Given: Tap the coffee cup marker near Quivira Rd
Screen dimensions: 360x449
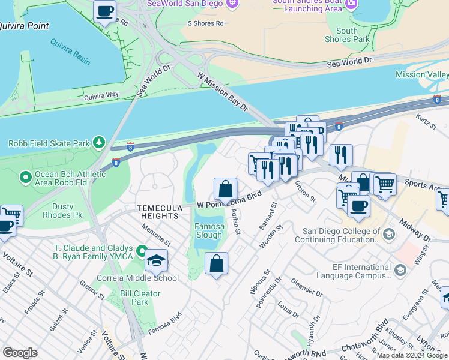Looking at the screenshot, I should (x=105, y=11).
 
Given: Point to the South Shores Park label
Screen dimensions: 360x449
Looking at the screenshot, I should (x=346, y=35).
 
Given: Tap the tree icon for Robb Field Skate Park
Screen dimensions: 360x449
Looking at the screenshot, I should (x=100, y=143).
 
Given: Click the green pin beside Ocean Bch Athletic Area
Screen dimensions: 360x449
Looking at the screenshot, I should (x=25, y=177).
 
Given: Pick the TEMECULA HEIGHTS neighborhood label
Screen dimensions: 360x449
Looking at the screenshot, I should (x=158, y=211).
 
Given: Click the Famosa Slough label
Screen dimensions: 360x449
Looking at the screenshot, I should (x=209, y=230).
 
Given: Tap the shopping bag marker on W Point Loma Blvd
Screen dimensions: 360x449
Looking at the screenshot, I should (x=225, y=190).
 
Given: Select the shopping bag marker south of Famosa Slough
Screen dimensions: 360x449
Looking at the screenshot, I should (x=217, y=263).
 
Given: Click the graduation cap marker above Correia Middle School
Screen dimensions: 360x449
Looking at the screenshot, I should (x=156, y=260).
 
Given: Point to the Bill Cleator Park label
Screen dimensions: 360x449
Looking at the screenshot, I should (x=140, y=298).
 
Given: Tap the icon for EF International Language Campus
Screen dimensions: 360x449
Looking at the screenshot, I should (x=399, y=271).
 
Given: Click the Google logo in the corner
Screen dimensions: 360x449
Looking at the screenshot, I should (x=20, y=353).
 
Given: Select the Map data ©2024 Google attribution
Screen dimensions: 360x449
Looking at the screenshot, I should (x=412, y=355).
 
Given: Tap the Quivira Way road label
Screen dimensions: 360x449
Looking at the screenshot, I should (x=101, y=95).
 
